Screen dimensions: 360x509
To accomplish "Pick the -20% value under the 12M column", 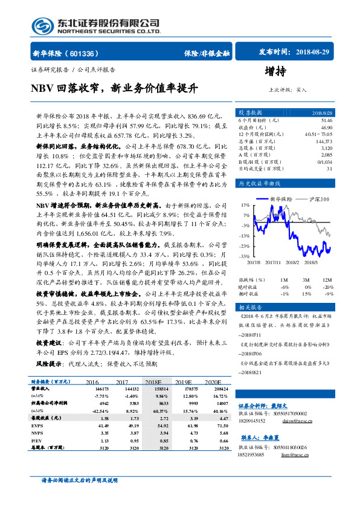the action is pyautogui.click(x=328, y=287).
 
